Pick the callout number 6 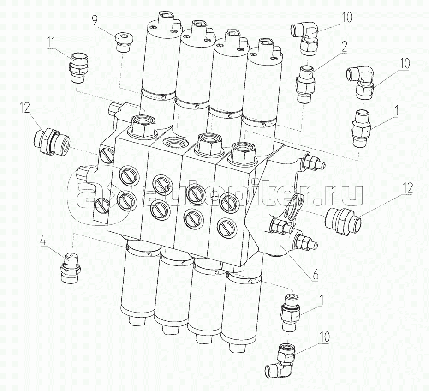316,275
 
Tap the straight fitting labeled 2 305,83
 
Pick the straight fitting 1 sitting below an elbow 361,127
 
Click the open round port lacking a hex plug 175,143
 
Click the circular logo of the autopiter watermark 100,195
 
